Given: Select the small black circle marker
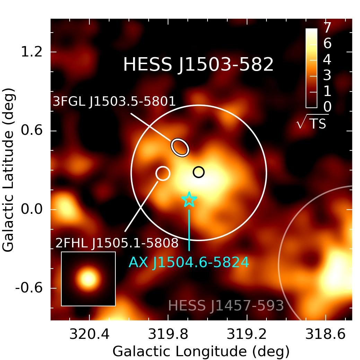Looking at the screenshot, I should pyautogui.click(x=199, y=172).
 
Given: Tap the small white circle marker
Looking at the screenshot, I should pyautogui.click(x=163, y=173).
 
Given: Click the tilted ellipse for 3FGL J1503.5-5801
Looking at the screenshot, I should pyautogui.click(x=180, y=147).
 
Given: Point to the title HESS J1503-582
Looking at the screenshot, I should pyautogui.click(x=198, y=65).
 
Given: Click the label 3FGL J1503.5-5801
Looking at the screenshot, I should pyautogui.click(x=114, y=102).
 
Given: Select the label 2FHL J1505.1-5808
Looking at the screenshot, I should pyautogui.click(x=117, y=244).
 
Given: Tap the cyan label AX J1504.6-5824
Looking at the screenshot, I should pyautogui.click(x=189, y=262).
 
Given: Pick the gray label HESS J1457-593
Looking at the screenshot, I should pyautogui.click(x=226, y=306).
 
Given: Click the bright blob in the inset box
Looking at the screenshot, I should pyautogui.click(x=88, y=278).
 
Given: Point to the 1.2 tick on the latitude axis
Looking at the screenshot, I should pyautogui.click(x=32, y=52).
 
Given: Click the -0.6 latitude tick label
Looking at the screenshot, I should pyautogui.click(x=29, y=288).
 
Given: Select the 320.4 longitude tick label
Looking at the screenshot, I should pyautogui.click(x=89, y=335).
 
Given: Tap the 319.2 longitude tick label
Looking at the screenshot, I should pyautogui.click(x=247, y=335).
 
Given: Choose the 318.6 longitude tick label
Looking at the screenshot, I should pyautogui.click(x=326, y=335).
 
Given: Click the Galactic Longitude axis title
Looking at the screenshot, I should pyautogui.click(x=201, y=351).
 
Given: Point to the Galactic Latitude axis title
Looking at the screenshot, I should pyautogui.click(x=9, y=170).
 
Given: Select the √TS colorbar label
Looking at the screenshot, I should pyautogui.click(x=312, y=123).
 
